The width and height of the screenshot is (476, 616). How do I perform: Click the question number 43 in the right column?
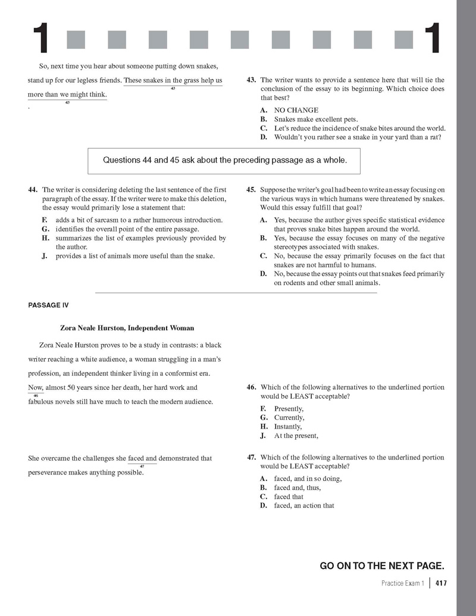[251, 80]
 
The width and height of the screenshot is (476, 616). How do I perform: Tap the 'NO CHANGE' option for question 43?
[296, 110]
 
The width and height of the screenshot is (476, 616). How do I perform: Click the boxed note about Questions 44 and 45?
[225, 160]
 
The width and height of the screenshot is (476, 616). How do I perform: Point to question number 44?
[33, 190]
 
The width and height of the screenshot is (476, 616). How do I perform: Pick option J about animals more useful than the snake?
[135, 256]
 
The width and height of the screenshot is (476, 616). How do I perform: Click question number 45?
[251, 190]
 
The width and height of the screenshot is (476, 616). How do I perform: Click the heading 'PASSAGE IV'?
[48, 305]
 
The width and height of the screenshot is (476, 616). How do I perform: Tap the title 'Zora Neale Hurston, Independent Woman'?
[127, 328]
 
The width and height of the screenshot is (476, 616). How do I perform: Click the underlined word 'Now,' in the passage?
[36, 387]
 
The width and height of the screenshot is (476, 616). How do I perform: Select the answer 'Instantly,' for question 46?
[288, 427]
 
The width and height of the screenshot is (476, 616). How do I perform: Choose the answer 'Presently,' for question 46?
[289, 409]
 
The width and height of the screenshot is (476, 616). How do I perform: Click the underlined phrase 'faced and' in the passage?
[142, 458]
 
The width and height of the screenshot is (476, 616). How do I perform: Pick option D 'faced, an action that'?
[304, 505]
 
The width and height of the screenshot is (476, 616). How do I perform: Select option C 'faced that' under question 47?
[289, 496]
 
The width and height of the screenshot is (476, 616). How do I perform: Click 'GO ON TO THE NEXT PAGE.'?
[382, 565]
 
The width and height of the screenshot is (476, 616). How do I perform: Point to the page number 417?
[441, 583]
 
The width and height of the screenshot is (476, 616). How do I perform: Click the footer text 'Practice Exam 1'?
[403, 583]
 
